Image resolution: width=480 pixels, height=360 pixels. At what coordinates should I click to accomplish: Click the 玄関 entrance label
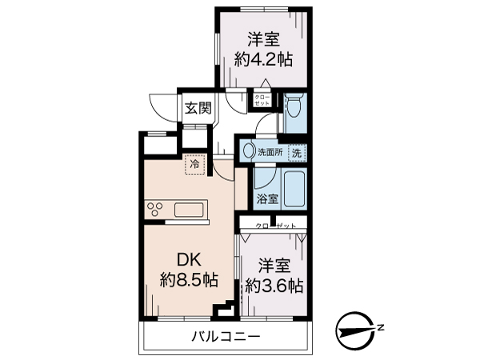tap(198, 109)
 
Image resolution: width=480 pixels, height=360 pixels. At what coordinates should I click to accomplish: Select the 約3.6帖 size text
tap(274, 284)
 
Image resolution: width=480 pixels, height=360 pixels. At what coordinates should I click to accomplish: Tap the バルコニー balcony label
tap(226, 337)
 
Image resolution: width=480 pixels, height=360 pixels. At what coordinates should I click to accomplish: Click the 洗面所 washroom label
tap(270, 151)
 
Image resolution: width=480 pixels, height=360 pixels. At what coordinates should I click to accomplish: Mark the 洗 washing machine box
tap(296, 151)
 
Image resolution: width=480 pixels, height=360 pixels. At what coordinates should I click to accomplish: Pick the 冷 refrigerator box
tap(194, 164)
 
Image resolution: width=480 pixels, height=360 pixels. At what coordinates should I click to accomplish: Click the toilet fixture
tap(294, 106)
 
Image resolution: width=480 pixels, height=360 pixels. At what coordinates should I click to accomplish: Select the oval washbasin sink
tap(249, 150)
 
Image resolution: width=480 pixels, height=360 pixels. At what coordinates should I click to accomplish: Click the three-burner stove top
tap(155, 210)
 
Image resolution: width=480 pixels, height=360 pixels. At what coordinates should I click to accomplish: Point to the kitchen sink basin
tap(190, 210)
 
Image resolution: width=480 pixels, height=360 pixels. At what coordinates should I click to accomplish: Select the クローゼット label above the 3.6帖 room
tap(275, 226)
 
